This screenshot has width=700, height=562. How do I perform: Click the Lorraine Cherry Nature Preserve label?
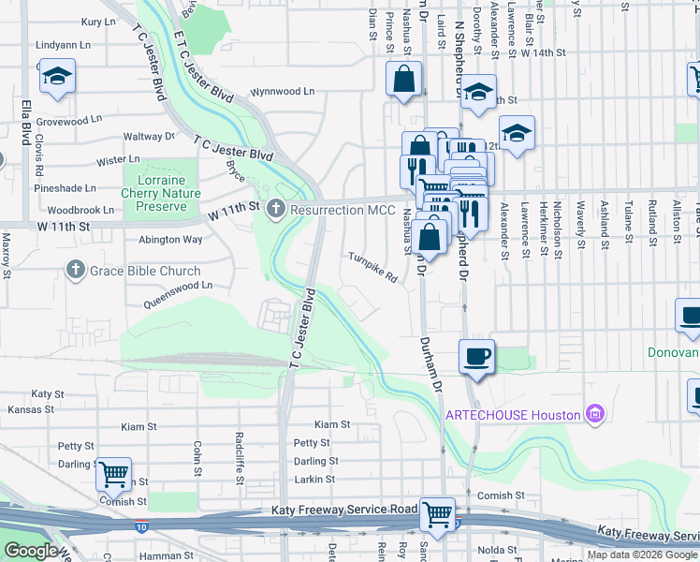[x=161, y=192]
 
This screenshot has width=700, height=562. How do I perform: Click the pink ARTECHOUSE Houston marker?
[x=591, y=413]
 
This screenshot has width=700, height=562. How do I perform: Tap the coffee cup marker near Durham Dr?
[x=477, y=356]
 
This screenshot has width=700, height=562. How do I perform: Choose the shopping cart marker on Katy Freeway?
[x=437, y=512]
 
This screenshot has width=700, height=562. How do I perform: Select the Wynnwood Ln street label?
[x=282, y=92]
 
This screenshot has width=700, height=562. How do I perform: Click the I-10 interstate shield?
[x=140, y=527]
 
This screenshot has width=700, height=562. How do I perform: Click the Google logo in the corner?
[x=30, y=551]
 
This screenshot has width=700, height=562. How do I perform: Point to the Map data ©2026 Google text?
[x=641, y=555]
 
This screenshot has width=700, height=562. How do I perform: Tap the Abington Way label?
[x=170, y=240]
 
